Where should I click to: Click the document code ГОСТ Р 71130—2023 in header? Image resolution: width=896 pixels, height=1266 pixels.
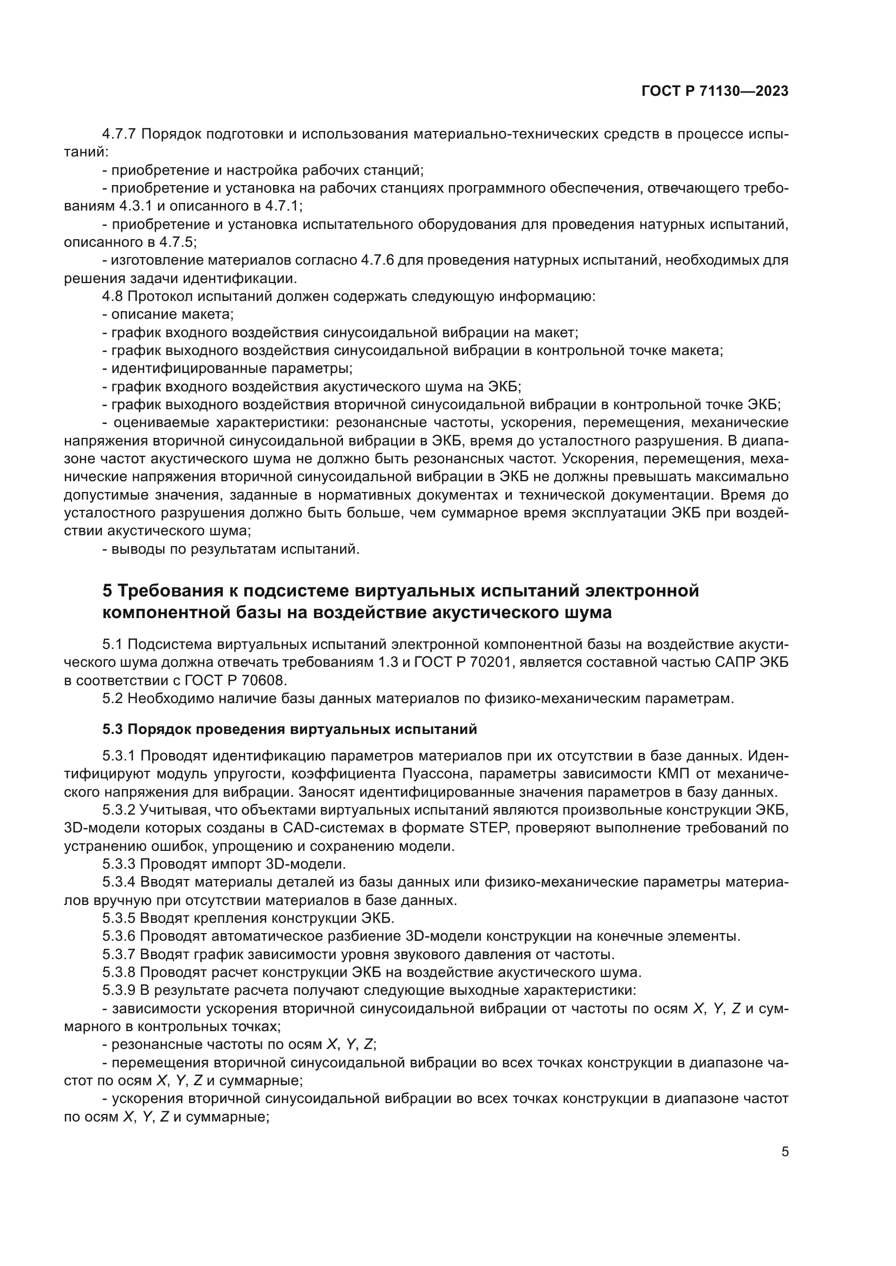tap(715, 91)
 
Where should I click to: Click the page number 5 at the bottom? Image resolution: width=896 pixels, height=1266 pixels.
tap(785, 1152)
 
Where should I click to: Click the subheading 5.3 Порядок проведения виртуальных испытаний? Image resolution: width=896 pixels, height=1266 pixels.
tap(290, 730)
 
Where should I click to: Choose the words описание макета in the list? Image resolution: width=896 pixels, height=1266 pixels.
tap(173, 315)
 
